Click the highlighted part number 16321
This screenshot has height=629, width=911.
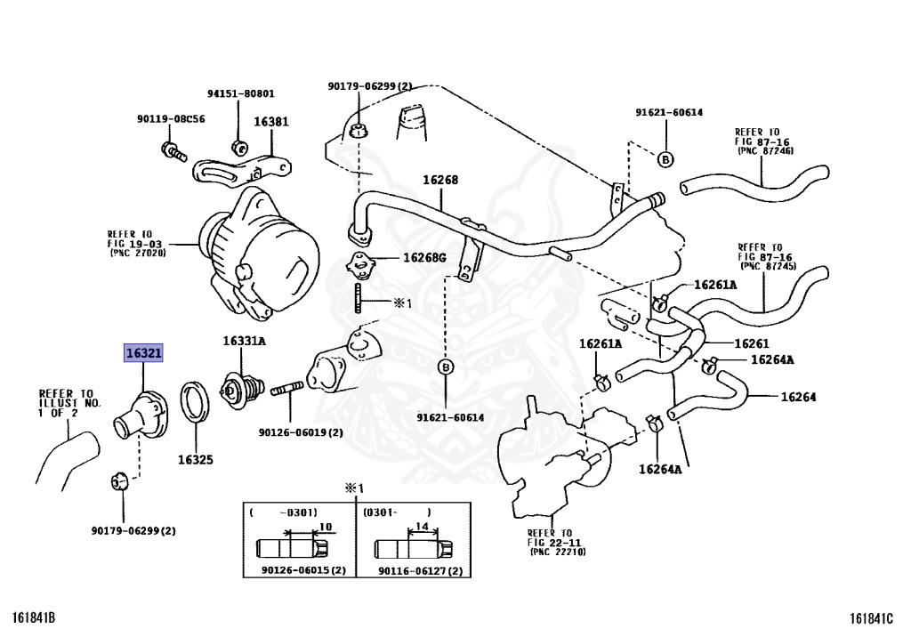pyautogui.click(x=143, y=353)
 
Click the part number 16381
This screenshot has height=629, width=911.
pyautogui.click(x=271, y=122)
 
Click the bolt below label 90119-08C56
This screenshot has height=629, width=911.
pyautogui.click(x=173, y=151)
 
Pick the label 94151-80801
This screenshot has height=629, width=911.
pyautogui.click(x=241, y=93)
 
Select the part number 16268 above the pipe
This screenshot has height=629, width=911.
pyautogui.click(x=440, y=180)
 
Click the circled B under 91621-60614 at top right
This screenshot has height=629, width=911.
pyautogui.click(x=665, y=158)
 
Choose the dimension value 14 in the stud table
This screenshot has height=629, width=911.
pyautogui.click(x=423, y=527)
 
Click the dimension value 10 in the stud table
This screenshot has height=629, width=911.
pyautogui.click(x=326, y=528)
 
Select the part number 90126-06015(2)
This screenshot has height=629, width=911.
pyautogui.click(x=304, y=570)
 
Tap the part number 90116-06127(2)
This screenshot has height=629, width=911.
pyautogui.click(x=421, y=571)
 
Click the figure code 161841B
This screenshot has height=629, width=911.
pyautogui.click(x=35, y=617)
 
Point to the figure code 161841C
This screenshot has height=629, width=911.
pyautogui.click(x=871, y=617)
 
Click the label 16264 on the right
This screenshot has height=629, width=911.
pyautogui.click(x=798, y=398)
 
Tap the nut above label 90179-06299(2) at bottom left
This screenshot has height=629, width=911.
pyautogui.click(x=118, y=481)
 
